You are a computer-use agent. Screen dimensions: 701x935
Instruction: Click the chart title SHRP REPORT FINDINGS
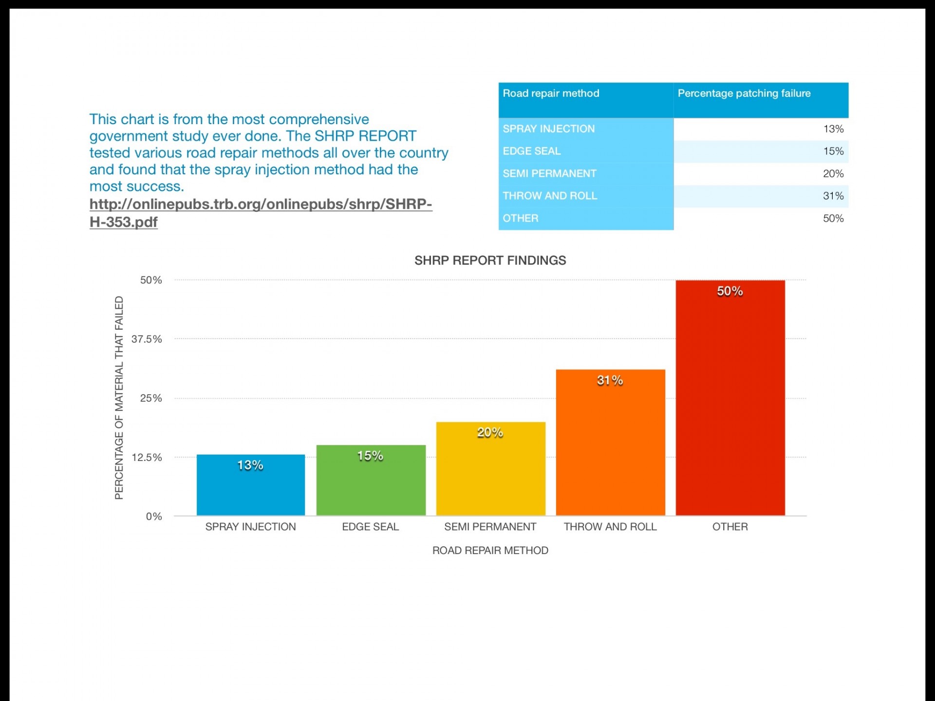(490, 260)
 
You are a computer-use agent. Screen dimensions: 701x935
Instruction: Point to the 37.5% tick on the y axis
(147, 339)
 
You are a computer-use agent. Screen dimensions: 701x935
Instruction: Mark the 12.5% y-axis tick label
(147, 457)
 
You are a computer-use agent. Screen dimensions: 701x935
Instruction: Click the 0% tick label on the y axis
(154, 516)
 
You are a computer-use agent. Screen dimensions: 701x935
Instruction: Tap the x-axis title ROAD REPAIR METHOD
(490, 550)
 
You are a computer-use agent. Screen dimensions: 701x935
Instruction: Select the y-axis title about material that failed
(119, 398)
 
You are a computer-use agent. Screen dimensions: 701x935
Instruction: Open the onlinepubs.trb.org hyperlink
(261, 204)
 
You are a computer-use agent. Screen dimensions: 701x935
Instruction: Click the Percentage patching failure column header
(744, 93)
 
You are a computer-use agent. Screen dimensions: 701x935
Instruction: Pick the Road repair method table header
(551, 93)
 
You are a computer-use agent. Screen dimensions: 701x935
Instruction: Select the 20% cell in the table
(833, 174)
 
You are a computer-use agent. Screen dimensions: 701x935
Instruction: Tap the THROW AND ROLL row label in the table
(550, 196)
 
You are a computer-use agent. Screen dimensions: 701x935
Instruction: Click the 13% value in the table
(833, 129)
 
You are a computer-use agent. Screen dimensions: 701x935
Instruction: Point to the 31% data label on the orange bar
(610, 380)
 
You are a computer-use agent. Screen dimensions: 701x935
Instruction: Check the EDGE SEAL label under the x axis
(370, 527)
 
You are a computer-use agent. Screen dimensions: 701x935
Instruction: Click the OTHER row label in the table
(521, 218)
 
